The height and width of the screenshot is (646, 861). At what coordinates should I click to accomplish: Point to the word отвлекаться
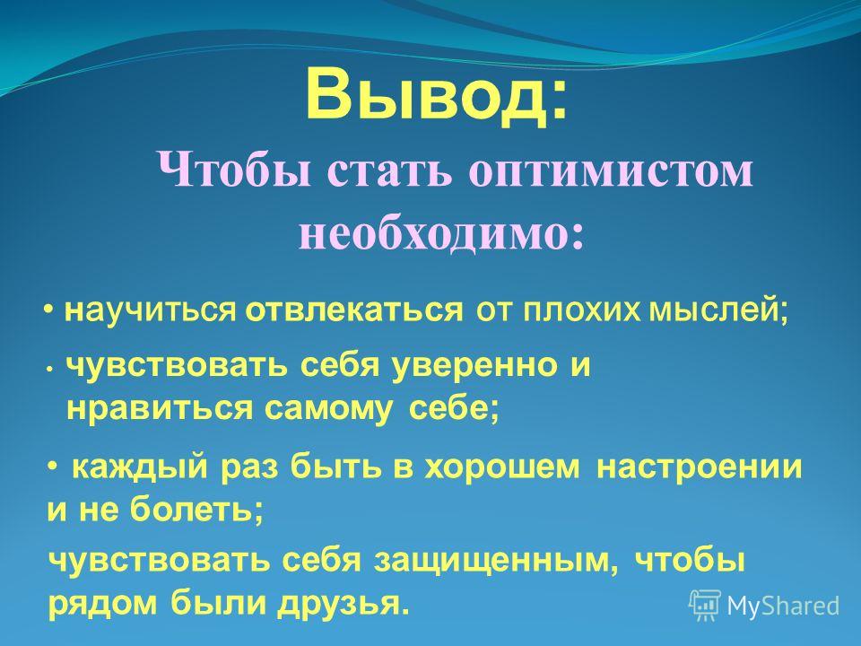point(354,311)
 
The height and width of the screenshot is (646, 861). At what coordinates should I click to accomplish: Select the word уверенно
point(474,366)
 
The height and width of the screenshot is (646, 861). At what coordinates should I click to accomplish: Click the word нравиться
point(161,409)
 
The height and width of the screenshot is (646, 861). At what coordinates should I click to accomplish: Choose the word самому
point(328,410)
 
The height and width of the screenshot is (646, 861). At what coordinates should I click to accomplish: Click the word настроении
point(699,468)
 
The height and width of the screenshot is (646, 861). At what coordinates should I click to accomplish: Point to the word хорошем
point(503,468)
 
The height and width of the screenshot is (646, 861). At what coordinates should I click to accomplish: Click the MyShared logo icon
point(706,605)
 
